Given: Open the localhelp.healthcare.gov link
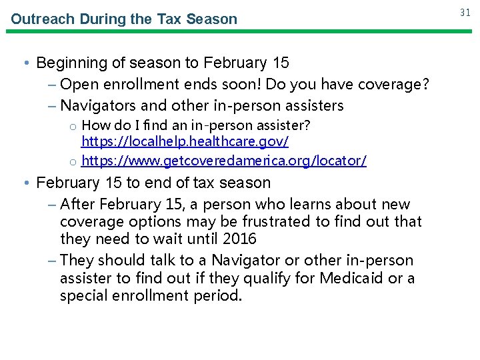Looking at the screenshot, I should pyautogui.click(x=185, y=141).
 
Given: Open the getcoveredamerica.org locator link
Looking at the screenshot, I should pyautogui.click(x=223, y=161).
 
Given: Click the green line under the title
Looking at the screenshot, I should pyautogui.click(x=240, y=31).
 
